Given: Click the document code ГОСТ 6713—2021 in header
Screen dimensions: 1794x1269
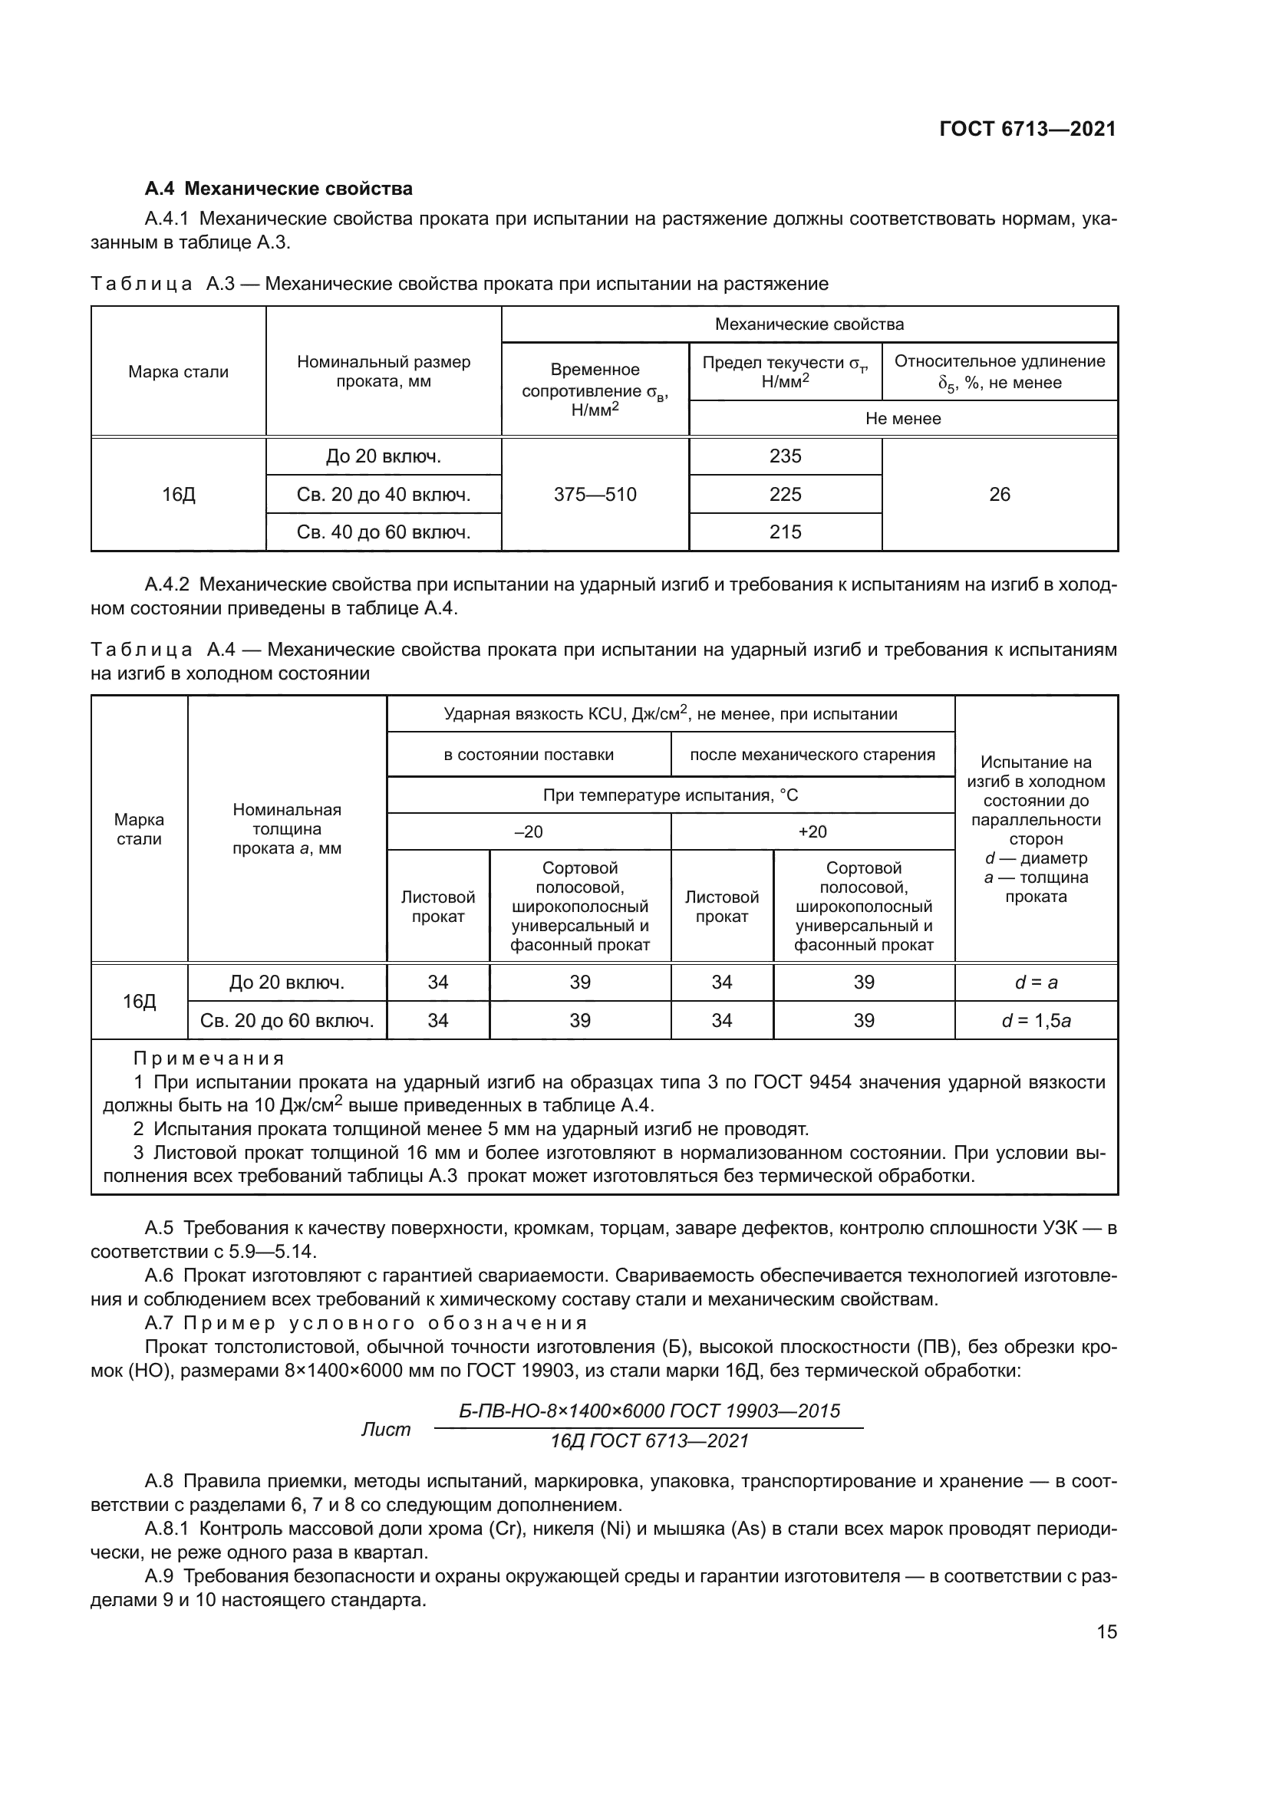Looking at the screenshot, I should [x=1027, y=129].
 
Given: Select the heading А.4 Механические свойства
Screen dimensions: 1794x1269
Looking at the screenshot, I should [x=279, y=189].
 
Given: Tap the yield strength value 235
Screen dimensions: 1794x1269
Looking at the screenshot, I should [x=785, y=456].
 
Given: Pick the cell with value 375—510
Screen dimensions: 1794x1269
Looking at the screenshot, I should [x=595, y=495].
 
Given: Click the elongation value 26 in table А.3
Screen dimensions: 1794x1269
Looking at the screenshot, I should [x=1000, y=495].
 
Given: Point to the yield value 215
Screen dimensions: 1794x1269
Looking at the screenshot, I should [x=785, y=532].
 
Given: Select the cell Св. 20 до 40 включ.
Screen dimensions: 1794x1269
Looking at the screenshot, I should [x=383, y=495].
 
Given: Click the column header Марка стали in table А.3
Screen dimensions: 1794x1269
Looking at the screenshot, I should [x=178, y=372].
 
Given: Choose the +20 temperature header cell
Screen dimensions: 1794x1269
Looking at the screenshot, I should [x=812, y=832].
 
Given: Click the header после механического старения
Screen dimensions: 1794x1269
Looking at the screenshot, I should [x=812, y=755].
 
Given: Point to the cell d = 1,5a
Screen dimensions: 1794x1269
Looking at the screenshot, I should [x=1035, y=1020].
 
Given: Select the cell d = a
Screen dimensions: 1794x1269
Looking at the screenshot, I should [x=1035, y=983].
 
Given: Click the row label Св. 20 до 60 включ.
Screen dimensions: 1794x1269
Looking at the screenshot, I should [x=287, y=1020].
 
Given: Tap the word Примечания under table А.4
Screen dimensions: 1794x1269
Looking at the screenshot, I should [x=209, y=1058].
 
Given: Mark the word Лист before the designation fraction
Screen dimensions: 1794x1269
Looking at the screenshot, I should [x=385, y=1430].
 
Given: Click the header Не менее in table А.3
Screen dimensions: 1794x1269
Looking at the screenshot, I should [x=902, y=419].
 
